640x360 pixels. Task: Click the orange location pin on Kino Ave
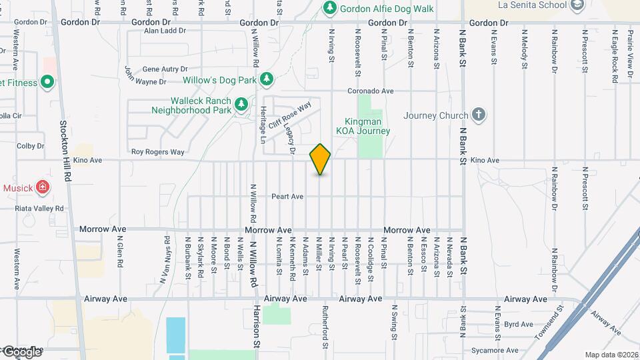tap(320, 159)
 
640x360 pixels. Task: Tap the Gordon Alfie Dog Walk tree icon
tap(329, 8)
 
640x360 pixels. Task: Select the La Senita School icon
tap(577, 5)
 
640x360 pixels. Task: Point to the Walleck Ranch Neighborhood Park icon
tap(241, 104)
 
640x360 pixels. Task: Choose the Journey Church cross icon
tap(478, 115)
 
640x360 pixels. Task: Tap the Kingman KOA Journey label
tap(367, 127)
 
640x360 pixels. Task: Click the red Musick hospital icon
tap(43, 187)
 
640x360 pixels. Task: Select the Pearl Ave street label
tap(287, 197)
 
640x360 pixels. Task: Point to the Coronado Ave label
tap(371, 91)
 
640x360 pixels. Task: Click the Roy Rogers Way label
tap(157, 152)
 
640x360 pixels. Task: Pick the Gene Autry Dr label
tap(165, 69)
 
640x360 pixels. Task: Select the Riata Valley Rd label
tap(39, 208)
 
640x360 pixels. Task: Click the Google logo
tap(21, 351)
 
